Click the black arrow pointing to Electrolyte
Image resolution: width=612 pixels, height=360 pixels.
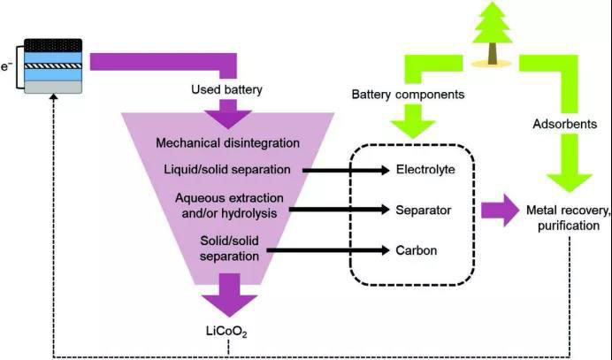(x=344, y=169)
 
